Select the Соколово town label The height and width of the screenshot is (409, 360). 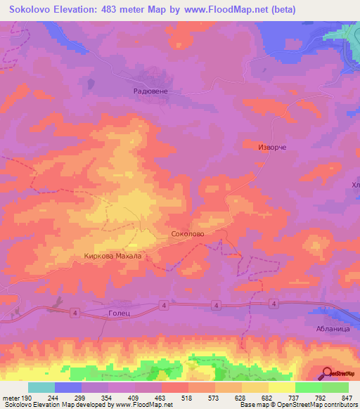[x=188, y=233]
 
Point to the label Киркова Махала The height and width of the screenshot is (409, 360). [x=113, y=257]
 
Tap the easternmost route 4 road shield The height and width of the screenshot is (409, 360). [x=274, y=303]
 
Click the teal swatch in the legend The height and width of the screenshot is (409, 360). [x=41, y=387]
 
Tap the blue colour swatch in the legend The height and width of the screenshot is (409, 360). [x=68, y=387]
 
